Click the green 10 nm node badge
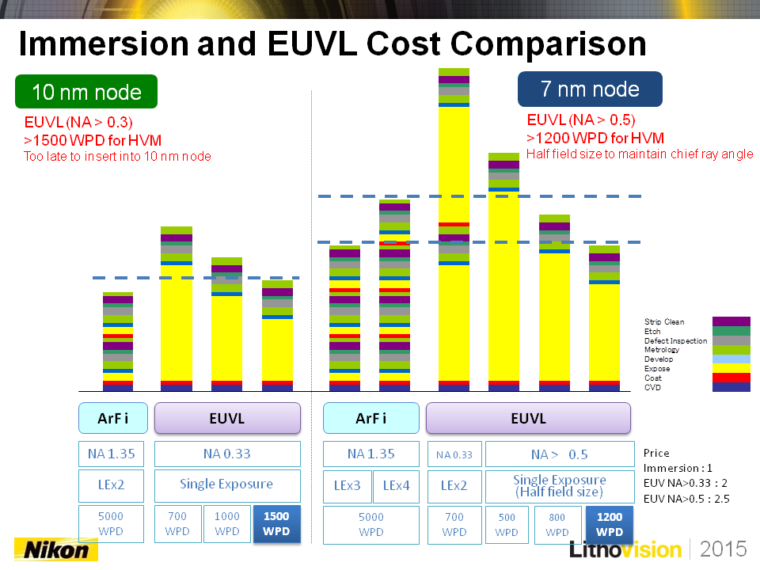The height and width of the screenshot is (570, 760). [86, 92]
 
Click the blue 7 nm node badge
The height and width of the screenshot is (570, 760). [590, 89]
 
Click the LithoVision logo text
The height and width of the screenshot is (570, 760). [625, 549]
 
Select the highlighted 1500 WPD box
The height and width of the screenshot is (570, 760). [276, 523]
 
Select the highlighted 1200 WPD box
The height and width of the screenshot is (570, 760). [609, 523]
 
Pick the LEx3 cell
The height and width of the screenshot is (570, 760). [346, 485]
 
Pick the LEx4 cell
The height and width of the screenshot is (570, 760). [395, 485]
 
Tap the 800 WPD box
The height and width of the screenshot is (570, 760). [557, 523]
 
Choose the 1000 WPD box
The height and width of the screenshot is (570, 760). [226, 523]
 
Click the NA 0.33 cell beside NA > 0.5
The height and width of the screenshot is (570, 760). [454, 454]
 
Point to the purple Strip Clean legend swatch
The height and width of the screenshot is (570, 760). [731, 321]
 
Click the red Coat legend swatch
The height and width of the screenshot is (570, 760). [731, 378]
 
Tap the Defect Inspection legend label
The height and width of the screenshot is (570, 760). [675, 340]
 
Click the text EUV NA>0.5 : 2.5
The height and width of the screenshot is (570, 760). [686, 499]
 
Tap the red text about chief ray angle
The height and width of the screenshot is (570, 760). [640, 154]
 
